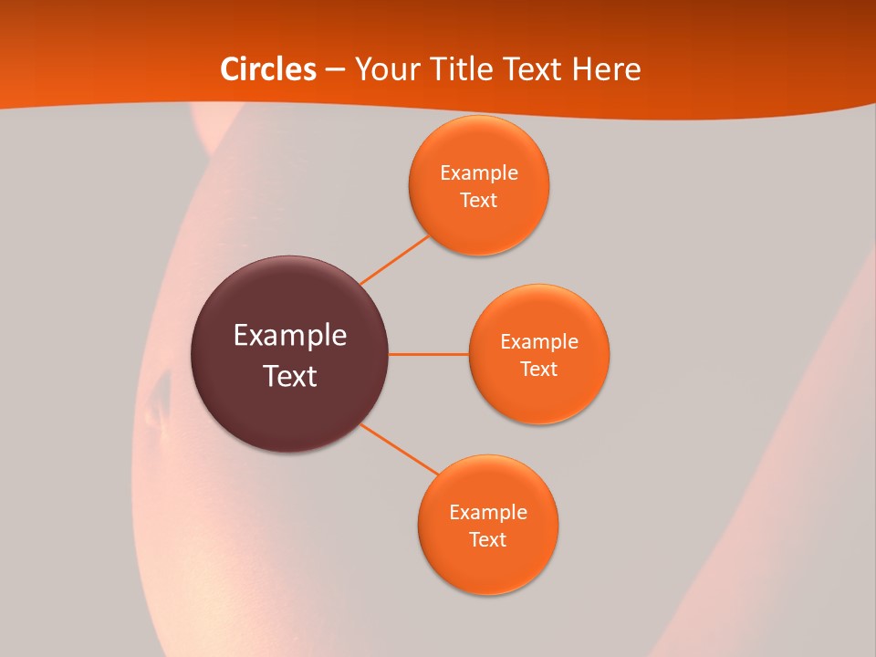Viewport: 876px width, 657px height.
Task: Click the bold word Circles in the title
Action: [268, 69]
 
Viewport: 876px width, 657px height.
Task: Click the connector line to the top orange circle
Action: [394, 259]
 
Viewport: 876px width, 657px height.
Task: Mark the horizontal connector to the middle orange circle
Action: [429, 354]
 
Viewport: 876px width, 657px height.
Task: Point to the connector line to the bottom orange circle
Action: [400, 449]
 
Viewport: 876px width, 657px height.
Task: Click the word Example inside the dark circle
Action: [290, 336]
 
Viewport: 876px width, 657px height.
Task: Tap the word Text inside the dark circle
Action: [290, 376]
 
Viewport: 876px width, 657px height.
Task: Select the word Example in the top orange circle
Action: [479, 173]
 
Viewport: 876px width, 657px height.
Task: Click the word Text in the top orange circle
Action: [479, 201]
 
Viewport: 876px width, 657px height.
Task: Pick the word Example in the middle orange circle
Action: [539, 342]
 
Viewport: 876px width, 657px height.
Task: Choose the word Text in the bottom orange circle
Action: [488, 540]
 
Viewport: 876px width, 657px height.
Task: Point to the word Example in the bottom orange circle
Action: [488, 513]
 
